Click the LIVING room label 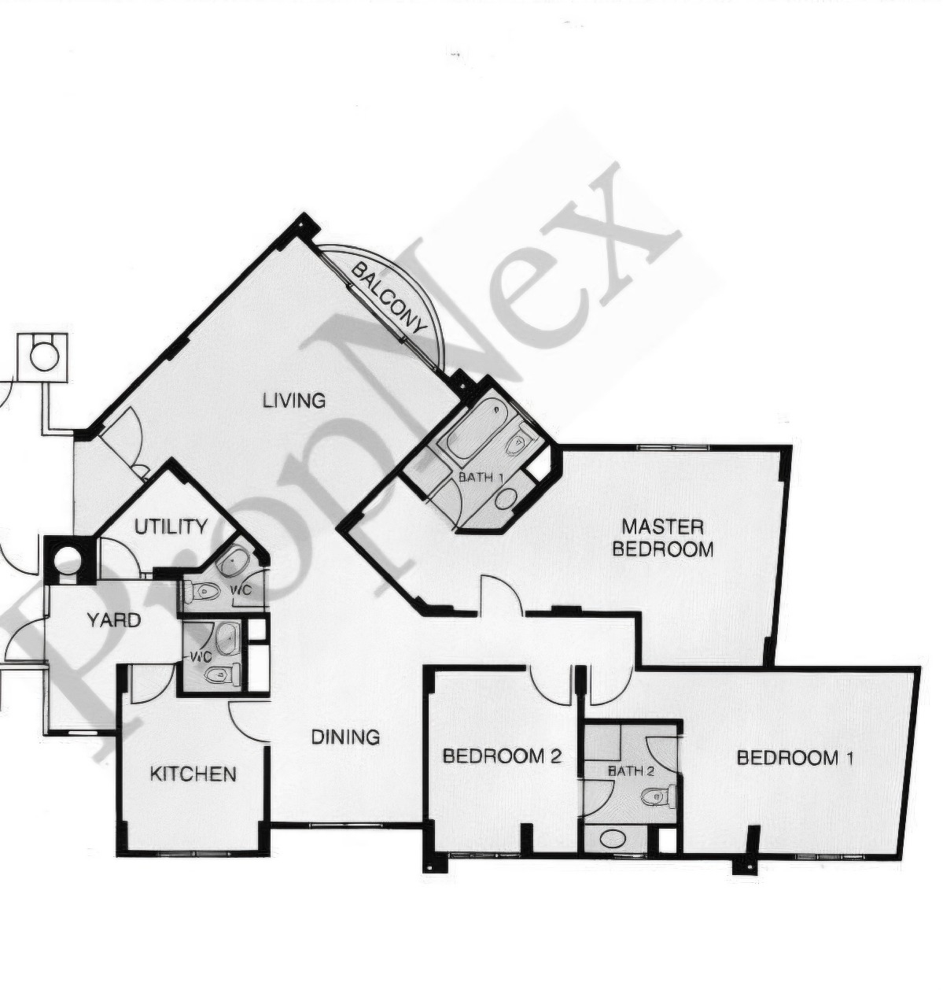tap(294, 401)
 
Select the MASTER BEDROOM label tap(662, 537)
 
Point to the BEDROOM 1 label tap(795, 759)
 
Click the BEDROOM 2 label tap(502, 756)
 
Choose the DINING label tap(345, 737)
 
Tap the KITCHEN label tap(193, 774)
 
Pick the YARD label tap(114, 620)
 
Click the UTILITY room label tap(171, 526)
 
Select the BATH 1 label tap(481, 478)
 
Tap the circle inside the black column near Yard tap(67, 559)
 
